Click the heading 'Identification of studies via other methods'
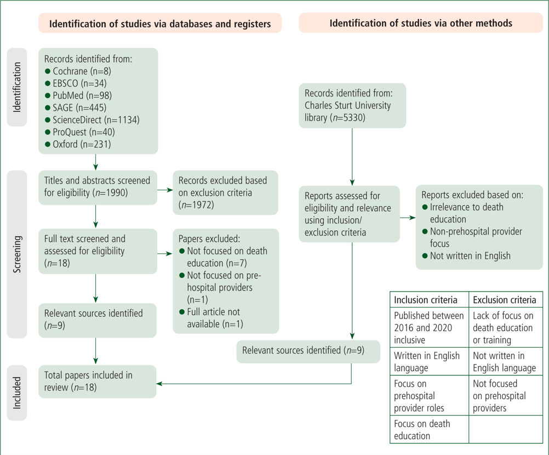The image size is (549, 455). pyautogui.click(x=420, y=23)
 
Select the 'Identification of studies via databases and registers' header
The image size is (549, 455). pyautogui.click(x=160, y=24)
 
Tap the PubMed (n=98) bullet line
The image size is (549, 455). pyautogui.click(x=78, y=95)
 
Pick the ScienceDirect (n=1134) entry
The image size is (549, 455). pyautogui.click(x=93, y=120)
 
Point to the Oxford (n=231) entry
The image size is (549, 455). pyautogui.click(x=78, y=144)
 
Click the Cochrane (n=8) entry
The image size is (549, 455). pyautogui.click(x=78, y=71)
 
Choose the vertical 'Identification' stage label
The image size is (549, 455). pyautogui.click(x=17, y=87)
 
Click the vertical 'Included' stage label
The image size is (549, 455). pyautogui.click(x=17, y=393)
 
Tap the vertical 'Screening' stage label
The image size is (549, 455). pyautogui.click(x=17, y=254)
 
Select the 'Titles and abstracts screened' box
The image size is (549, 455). pyautogui.click(x=98, y=187)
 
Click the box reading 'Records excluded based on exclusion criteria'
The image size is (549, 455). pyautogui.click(x=226, y=192)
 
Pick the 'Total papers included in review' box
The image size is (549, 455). pyautogui.click(x=98, y=382)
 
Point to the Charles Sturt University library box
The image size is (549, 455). pyautogui.click(x=352, y=105)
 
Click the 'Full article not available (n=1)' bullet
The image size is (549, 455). pyautogui.click(x=211, y=318)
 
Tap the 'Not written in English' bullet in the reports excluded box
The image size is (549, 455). pyautogui.click(x=466, y=255)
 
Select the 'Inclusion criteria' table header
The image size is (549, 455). pyautogui.click(x=429, y=299)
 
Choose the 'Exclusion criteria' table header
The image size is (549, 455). pyautogui.click(x=506, y=299)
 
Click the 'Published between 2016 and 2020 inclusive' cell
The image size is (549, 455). pyautogui.click(x=429, y=327)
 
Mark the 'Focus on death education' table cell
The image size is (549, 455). pyautogui.click(x=429, y=430)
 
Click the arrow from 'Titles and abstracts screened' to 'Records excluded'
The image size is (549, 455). pyautogui.click(x=165, y=190)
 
